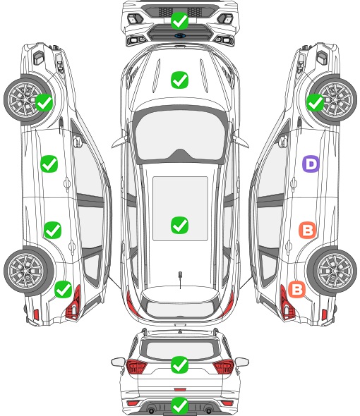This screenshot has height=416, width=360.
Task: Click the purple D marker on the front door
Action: (x=311, y=164)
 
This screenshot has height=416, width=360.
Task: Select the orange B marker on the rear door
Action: (x=307, y=230)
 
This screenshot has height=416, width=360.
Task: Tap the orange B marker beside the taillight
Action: (x=296, y=289)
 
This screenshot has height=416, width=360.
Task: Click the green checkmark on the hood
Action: (x=179, y=80)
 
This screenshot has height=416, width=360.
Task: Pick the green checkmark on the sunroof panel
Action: (x=179, y=225)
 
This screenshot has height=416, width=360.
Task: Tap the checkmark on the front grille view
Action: (x=179, y=20)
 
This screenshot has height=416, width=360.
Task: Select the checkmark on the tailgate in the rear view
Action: (x=179, y=365)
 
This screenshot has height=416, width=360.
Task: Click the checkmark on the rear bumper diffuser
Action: (x=179, y=405)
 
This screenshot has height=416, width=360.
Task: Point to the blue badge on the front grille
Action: (x=180, y=35)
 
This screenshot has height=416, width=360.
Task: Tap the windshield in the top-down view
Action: (x=179, y=135)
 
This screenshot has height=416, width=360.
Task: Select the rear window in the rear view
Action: (x=179, y=350)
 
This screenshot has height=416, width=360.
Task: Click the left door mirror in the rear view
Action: (x=118, y=362)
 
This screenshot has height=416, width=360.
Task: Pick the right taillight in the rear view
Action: (x=224, y=367)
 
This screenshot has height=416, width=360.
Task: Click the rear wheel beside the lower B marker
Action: (x=332, y=271)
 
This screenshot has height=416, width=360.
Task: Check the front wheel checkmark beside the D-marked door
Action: (x=315, y=103)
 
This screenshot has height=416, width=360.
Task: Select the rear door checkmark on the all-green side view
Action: (x=53, y=230)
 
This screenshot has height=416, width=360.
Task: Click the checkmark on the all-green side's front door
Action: (x=49, y=164)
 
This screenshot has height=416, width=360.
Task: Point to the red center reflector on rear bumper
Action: (x=180, y=389)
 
